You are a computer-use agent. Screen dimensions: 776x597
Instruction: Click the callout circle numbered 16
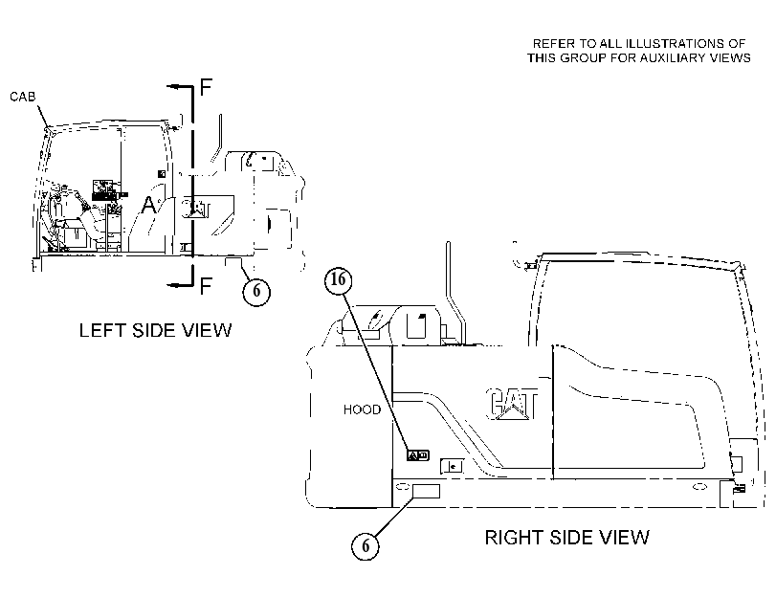(x=338, y=280)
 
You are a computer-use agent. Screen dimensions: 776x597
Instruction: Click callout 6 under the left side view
(x=256, y=291)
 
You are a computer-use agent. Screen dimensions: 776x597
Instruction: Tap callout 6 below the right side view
(x=366, y=546)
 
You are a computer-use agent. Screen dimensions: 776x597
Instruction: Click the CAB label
(x=23, y=97)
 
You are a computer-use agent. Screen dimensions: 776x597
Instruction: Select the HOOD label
(x=363, y=409)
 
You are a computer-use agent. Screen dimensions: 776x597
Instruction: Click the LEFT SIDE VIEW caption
(x=155, y=330)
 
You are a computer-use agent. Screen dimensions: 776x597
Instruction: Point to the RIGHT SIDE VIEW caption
(x=567, y=538)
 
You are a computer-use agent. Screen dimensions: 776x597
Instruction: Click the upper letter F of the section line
(x=206, y=87)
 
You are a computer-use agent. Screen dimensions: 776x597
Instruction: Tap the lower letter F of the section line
(x=206, y=286)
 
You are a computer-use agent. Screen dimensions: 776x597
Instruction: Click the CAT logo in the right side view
(x=512, y=404)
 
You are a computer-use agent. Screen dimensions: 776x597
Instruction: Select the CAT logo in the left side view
(x=196, y=209)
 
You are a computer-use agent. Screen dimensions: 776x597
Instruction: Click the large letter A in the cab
(x=148, y=205)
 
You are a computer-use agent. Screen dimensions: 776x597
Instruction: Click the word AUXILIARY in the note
(x=674, y=58)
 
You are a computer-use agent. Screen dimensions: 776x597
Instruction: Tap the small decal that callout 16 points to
(x=418, y=455)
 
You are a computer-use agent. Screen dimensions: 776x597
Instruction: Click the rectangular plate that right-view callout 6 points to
(x=426, y=491)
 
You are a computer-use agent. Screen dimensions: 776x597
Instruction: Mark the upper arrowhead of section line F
(x=171, y=87)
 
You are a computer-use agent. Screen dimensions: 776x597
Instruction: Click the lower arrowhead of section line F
(x=171, y=285)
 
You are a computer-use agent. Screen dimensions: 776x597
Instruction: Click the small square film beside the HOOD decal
(x=452, y=466)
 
